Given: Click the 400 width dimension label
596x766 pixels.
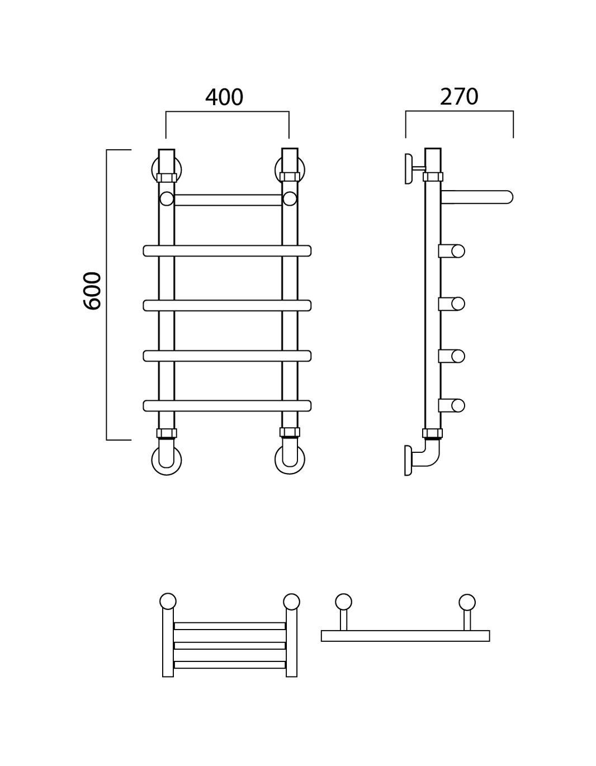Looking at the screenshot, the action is [x=224, y=97].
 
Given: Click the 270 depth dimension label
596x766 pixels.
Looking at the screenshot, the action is [x=459, y=97].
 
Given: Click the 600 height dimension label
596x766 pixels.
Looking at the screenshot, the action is [x=92, y=291].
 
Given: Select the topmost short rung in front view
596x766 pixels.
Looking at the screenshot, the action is [x=228, y=200].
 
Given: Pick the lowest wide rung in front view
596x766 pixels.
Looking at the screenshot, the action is [x=227, y=406].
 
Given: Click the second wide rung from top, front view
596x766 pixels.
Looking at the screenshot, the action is [x=227, y=305].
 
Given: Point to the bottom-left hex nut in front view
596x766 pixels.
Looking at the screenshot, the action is [x=167, y=433].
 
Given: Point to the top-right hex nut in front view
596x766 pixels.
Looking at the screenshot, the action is [x=290, y=177].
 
